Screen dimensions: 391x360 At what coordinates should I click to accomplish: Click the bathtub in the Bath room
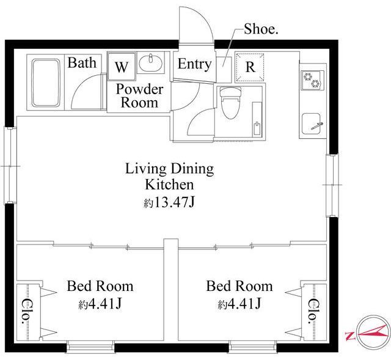(x=46, y=83)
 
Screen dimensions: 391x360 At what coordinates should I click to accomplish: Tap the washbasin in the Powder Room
(x=151, y=63)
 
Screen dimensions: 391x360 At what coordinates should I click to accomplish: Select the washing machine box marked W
(x=122, y=66)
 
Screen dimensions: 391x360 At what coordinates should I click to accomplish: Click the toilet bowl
(x=231, y=102)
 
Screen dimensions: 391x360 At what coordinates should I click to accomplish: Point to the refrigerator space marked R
(x=250, y=67)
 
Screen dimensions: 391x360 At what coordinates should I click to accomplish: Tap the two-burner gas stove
(x=312, y=80)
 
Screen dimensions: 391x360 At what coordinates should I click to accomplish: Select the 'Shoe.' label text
(x=261, y=29)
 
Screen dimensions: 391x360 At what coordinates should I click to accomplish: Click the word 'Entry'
(x=194, y=64)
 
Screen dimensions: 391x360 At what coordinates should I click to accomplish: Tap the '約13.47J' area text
(x=169, y=202)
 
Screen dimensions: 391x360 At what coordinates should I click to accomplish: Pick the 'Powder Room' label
(x=139, y=96)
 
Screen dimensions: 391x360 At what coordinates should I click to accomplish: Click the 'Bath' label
(x=82, y=62)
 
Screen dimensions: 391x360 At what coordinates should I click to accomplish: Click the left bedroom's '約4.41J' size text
(x=100, y=304)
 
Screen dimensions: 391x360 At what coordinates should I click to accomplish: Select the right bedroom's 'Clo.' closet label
(x=313, y=311)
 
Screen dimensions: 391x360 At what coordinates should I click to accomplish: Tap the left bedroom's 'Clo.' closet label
(x=26, y=311)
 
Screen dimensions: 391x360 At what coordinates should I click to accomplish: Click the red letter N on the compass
(x=350, y=336)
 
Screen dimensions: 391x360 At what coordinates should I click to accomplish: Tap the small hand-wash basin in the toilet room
(x=257, y=119)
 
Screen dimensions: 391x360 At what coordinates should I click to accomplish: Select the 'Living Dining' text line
(x=169, y=169)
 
